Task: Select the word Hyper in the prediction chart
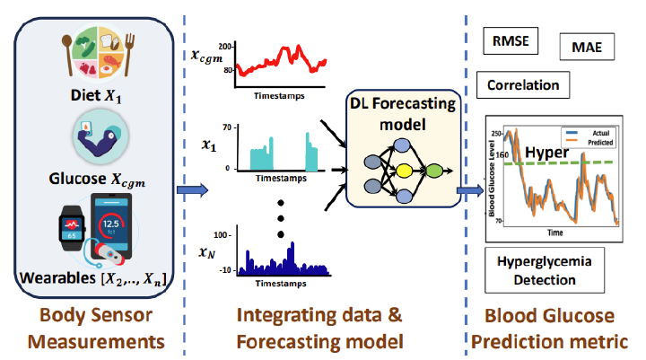point(547,153)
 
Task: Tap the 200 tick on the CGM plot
point(224,45)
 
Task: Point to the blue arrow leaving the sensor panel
point(192,190)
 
